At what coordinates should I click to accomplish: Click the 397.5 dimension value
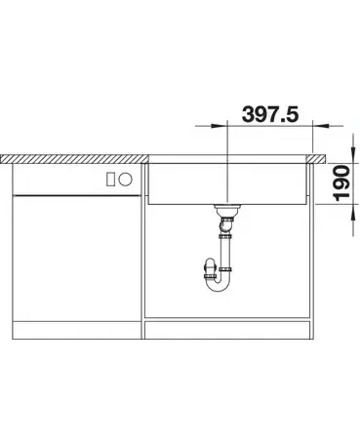(x=270, y=114)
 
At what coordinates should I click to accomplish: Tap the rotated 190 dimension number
(x=341, y=183)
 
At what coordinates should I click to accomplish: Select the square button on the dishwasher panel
(x=111, y=180)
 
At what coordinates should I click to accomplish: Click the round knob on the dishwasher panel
(x=125, y=180)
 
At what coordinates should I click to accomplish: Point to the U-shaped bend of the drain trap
(x=219, y=286)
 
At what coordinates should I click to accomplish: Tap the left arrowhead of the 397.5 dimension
(x=219, y=126)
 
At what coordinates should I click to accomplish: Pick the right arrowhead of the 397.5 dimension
(x=321, y=126)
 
